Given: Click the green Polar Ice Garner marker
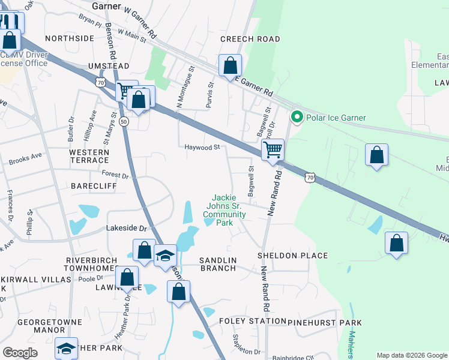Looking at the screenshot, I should pos(295,117).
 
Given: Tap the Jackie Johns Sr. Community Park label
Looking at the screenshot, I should pos(224,210).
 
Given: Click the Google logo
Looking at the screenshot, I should pos(20,353).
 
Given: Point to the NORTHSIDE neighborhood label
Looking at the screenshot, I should pos(70,38).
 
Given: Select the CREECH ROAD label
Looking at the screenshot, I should pos(250,39).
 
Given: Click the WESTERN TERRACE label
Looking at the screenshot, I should pos(89,156).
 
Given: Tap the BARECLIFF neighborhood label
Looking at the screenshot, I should pos(93,186).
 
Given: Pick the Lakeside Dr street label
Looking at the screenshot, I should pos(126,229).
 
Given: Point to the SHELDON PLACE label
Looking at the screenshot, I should pos(293,256).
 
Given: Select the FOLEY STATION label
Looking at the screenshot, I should pos(251,321).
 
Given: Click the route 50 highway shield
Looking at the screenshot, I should pos(124,121).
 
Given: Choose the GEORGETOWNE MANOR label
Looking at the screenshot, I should pos(49,326).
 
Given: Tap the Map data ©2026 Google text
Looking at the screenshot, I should pos(412,355).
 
